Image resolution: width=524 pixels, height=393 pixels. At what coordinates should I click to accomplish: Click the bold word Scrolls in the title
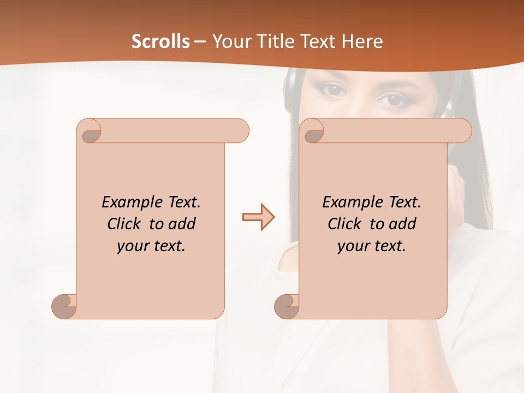(x=161, y=41)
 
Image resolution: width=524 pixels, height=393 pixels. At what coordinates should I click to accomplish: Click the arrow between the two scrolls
(x=258, y=217)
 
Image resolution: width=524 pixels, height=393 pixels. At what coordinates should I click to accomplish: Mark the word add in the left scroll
(x=182, y=224)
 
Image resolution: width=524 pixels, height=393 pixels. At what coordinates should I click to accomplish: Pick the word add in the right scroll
(x=403, y=224)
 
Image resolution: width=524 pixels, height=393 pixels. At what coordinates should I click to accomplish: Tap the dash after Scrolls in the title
(x=200, y=42)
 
